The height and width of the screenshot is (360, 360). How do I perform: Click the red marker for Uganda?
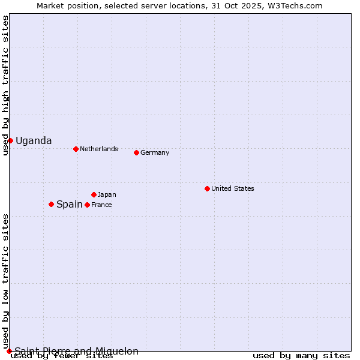(x=10, y=140)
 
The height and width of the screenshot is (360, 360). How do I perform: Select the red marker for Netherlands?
(x=76, y=149)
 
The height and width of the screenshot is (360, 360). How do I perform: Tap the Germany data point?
(x=136, y=152)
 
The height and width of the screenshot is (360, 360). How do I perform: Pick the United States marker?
(x=207, y=188)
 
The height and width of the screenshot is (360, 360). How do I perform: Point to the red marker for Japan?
(x=94, y=194)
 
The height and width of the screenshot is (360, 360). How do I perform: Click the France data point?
(x=87, y=205)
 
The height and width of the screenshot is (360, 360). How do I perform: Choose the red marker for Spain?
(x=51, y=204)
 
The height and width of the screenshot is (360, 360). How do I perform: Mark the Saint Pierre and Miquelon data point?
(x=9, y=351)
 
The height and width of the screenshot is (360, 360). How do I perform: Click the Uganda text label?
(x=34, y=141)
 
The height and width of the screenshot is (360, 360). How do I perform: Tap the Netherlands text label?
(x=99, y=149)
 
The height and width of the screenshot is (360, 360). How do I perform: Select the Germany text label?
(x=155, y=153)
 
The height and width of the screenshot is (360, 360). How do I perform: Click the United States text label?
(x=233, y=189)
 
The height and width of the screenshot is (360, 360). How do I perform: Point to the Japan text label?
(x=107, y=195)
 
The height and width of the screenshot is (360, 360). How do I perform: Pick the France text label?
(x=101, y=205)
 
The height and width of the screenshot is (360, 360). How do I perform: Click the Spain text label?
(x=70, y=205)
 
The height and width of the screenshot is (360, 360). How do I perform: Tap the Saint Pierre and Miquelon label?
(x=77, y=352)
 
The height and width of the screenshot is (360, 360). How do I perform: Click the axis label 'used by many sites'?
(x=301, y=356)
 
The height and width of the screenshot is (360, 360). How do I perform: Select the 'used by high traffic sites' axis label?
(x=6, y=85)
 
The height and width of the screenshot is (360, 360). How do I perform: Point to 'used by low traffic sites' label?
(x=6, y=281)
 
